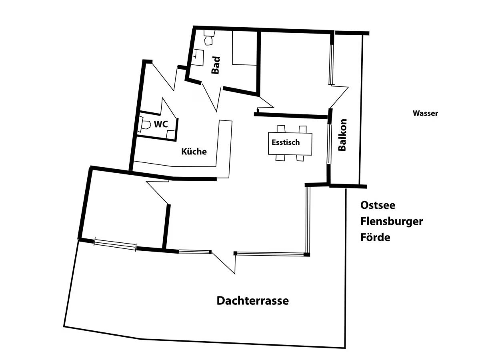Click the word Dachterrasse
tap(252, 301)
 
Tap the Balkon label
tap(342, 135)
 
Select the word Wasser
tap(425, 113)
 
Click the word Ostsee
tap(378, 205)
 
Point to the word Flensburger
tap(392, 222)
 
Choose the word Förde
tap(375, 237)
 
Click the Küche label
tap(194, 151)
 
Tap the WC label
tap(161, 124)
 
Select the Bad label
tap(216, 65)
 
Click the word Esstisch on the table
tap(286, 142)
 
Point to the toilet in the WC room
tap(145, 125)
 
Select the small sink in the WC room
tap(170, 134)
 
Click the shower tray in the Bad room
tap(245, 48)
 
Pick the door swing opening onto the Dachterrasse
tap(224, 263)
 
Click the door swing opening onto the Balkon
tap(339, 97)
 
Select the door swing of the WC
tap(168, 108)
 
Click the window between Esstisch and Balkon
tap(328, 144)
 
